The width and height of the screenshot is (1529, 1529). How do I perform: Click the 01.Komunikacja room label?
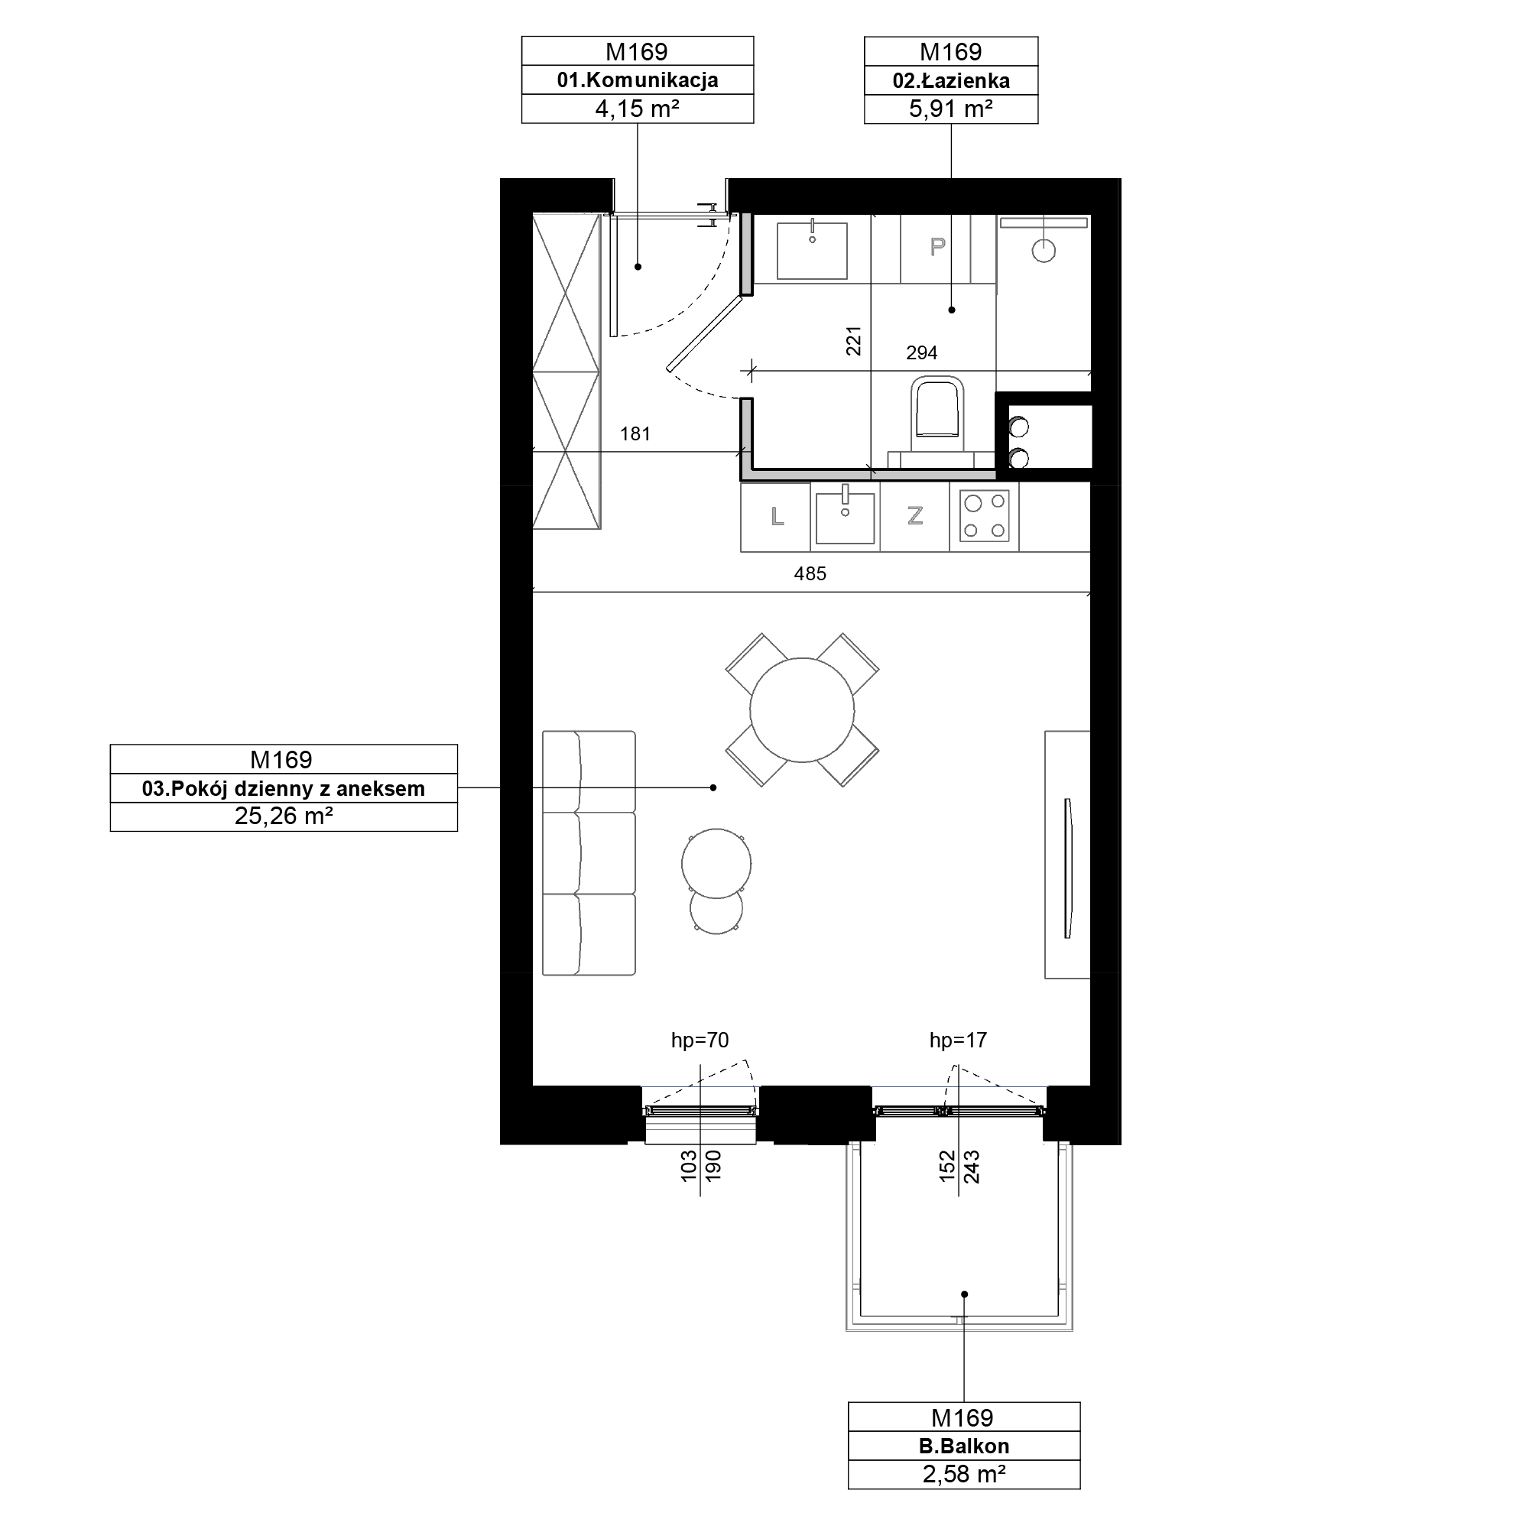[637, 80]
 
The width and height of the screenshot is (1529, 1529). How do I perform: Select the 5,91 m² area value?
[950, 109]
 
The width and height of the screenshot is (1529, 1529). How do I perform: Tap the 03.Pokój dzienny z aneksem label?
[284, 788]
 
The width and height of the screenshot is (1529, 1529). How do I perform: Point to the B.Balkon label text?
[964, 1446]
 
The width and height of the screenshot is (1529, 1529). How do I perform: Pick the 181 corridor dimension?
[635, 433]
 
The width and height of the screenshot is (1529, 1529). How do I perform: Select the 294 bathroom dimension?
[921, 353]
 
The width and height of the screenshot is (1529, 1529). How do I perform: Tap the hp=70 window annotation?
[700, 1040]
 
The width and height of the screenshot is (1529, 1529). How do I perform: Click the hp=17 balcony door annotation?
[958, 1040]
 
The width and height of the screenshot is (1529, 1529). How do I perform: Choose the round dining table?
[802, 710]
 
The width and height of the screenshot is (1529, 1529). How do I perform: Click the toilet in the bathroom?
[937, 408]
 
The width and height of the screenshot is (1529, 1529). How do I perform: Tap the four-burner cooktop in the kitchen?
[984, 516]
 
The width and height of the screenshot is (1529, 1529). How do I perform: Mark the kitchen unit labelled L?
[775, 517]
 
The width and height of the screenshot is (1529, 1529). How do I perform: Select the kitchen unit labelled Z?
[915, 517]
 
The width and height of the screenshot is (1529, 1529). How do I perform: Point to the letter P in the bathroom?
[937, 247]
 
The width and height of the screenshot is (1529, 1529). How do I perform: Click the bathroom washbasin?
[812, 250]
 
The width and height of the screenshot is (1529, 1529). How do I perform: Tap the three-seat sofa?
[589, 852]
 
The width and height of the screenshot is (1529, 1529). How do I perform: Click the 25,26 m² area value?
[284, 816]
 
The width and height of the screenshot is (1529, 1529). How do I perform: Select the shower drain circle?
[1044, 252]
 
